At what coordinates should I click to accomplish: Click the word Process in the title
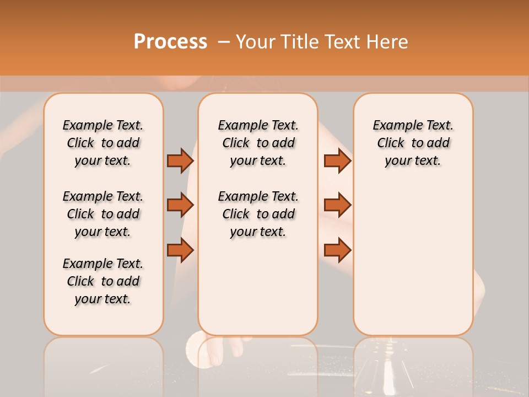170,42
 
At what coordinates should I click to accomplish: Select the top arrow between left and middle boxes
180,160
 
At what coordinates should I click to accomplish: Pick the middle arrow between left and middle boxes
180,205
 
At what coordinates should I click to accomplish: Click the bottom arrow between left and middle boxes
180,250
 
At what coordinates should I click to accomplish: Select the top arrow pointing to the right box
337,160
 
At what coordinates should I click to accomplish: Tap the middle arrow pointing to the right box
337,205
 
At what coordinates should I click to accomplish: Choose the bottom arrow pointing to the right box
337,250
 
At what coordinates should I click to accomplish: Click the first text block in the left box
103,143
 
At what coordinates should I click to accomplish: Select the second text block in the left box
103,214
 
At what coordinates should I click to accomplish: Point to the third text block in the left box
103,281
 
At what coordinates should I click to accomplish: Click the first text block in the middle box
258,143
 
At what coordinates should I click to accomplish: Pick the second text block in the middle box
258,214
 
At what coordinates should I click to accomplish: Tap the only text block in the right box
413,143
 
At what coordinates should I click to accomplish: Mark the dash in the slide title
224,42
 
